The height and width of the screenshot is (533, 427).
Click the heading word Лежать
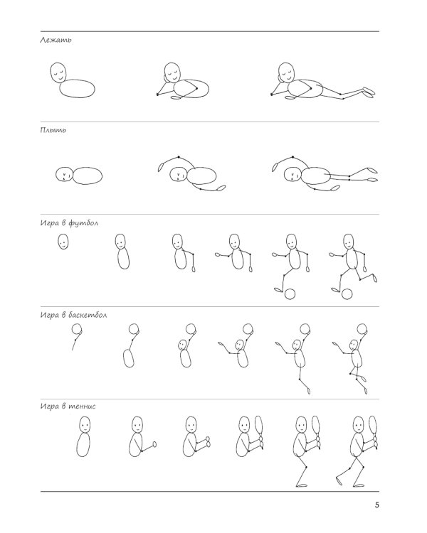point(56,40)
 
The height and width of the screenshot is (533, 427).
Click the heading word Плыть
point(53,130)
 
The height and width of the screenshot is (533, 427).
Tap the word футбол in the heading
point(83,223)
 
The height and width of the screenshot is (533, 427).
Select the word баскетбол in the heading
point(88,315)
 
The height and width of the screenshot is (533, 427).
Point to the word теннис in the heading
point(82,407)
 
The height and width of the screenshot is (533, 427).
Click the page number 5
point(376,505)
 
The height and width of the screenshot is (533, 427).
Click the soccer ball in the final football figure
point(347,294)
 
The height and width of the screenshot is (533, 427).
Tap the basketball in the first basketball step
point(77,329)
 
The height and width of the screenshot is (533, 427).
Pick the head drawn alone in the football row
point(63,242)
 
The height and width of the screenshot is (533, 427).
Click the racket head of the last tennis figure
point(373,426)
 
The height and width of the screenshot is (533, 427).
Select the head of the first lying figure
point(58,72)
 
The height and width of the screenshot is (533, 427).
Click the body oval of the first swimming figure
point(88,176)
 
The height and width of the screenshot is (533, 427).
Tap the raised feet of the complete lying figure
point(369,92)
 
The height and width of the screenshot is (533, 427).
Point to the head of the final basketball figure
point(354,345)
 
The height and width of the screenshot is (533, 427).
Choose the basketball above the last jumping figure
point(362,329)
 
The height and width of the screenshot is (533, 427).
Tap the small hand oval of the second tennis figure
point(154,444)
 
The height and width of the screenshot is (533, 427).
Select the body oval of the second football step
point(123,259)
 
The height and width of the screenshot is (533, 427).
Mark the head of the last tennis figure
point(358,425)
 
